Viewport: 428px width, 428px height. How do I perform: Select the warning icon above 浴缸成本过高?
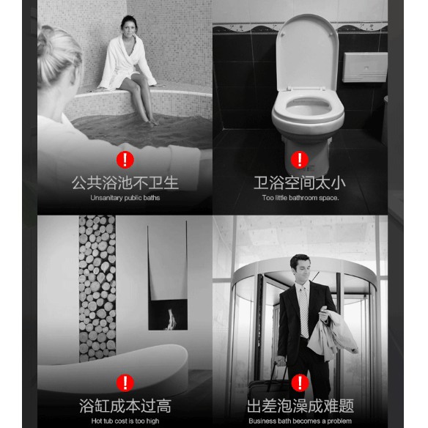(125, 382)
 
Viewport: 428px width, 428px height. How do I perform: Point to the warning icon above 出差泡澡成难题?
(300, 382)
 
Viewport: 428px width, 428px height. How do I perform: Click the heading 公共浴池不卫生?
(125, 182)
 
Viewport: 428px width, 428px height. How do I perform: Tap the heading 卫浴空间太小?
(300, 182)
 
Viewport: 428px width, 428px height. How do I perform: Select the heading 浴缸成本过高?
(125, 405)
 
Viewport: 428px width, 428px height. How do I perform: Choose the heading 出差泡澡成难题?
(300, 405)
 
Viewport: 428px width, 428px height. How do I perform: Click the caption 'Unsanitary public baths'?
(125, 198)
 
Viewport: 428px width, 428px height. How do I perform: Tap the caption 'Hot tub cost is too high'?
(125, 421)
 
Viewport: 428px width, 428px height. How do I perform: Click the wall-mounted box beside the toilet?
(364, 66)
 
